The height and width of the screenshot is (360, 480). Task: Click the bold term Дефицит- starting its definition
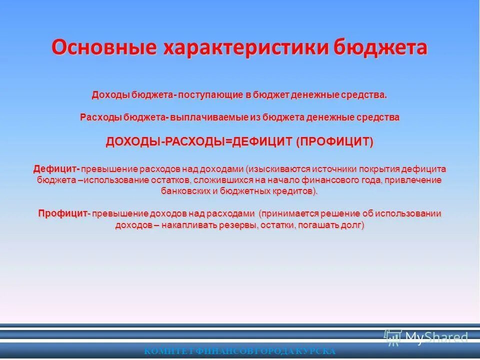[x=56, y=168]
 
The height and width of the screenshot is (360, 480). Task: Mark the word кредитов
[x=299, y=191]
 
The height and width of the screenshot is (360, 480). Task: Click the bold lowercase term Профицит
[x=62, y=214]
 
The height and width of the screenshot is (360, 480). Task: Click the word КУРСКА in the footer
[x=316, y=351]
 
